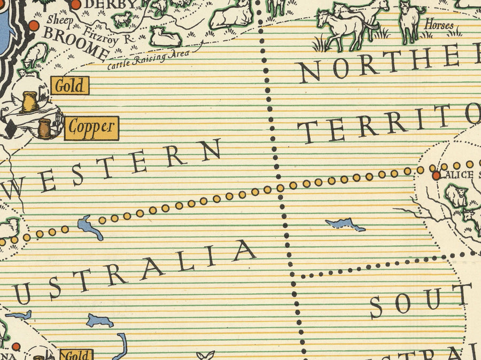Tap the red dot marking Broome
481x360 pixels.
pyautogui.click(x=34, y=26)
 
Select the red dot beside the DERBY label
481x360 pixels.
pyautogui.click(x=76, y=5)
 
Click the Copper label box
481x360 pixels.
pyautogui.click(x=92, y=127)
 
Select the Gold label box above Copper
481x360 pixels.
pyautogui.click(x=70, y=86)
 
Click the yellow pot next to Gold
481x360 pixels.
pyautogui.click(x=29, y=101)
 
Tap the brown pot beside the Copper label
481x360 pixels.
pyautogui.click(x=45, y=129)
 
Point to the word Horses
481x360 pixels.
pyautogui.click(x=439, y=25)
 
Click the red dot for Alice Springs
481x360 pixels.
pyautogui.click(x=436, y=175)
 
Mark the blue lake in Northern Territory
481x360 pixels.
pyautogui.click(x=345, y=224)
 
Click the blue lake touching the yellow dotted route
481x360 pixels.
pyautogui.click(x=90, y=227)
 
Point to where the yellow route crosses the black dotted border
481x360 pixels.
pyautogui.click(x=280, y=187)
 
